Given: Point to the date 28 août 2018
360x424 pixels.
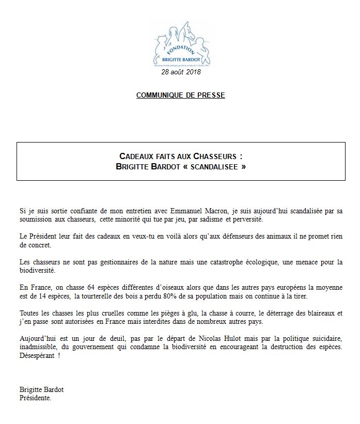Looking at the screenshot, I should coord(180,72).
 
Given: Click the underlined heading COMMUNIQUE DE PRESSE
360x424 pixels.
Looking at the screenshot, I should coord(180,96).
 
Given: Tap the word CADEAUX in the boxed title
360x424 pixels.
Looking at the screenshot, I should coord(137,156).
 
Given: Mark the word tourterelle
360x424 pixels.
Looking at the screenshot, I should coord(103,295).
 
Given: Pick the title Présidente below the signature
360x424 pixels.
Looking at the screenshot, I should coord(35,398).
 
